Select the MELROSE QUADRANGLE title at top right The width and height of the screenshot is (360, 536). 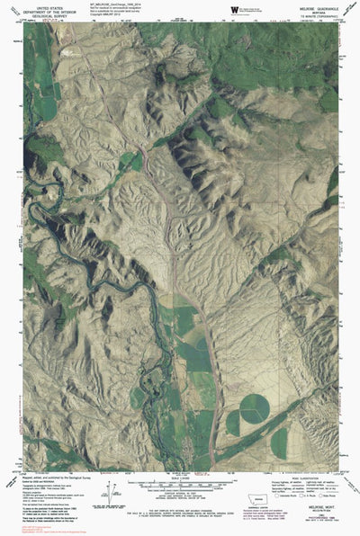[316, 5]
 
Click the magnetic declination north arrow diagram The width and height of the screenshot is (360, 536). [114, 492]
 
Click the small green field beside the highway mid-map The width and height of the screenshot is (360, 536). [187, 319]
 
